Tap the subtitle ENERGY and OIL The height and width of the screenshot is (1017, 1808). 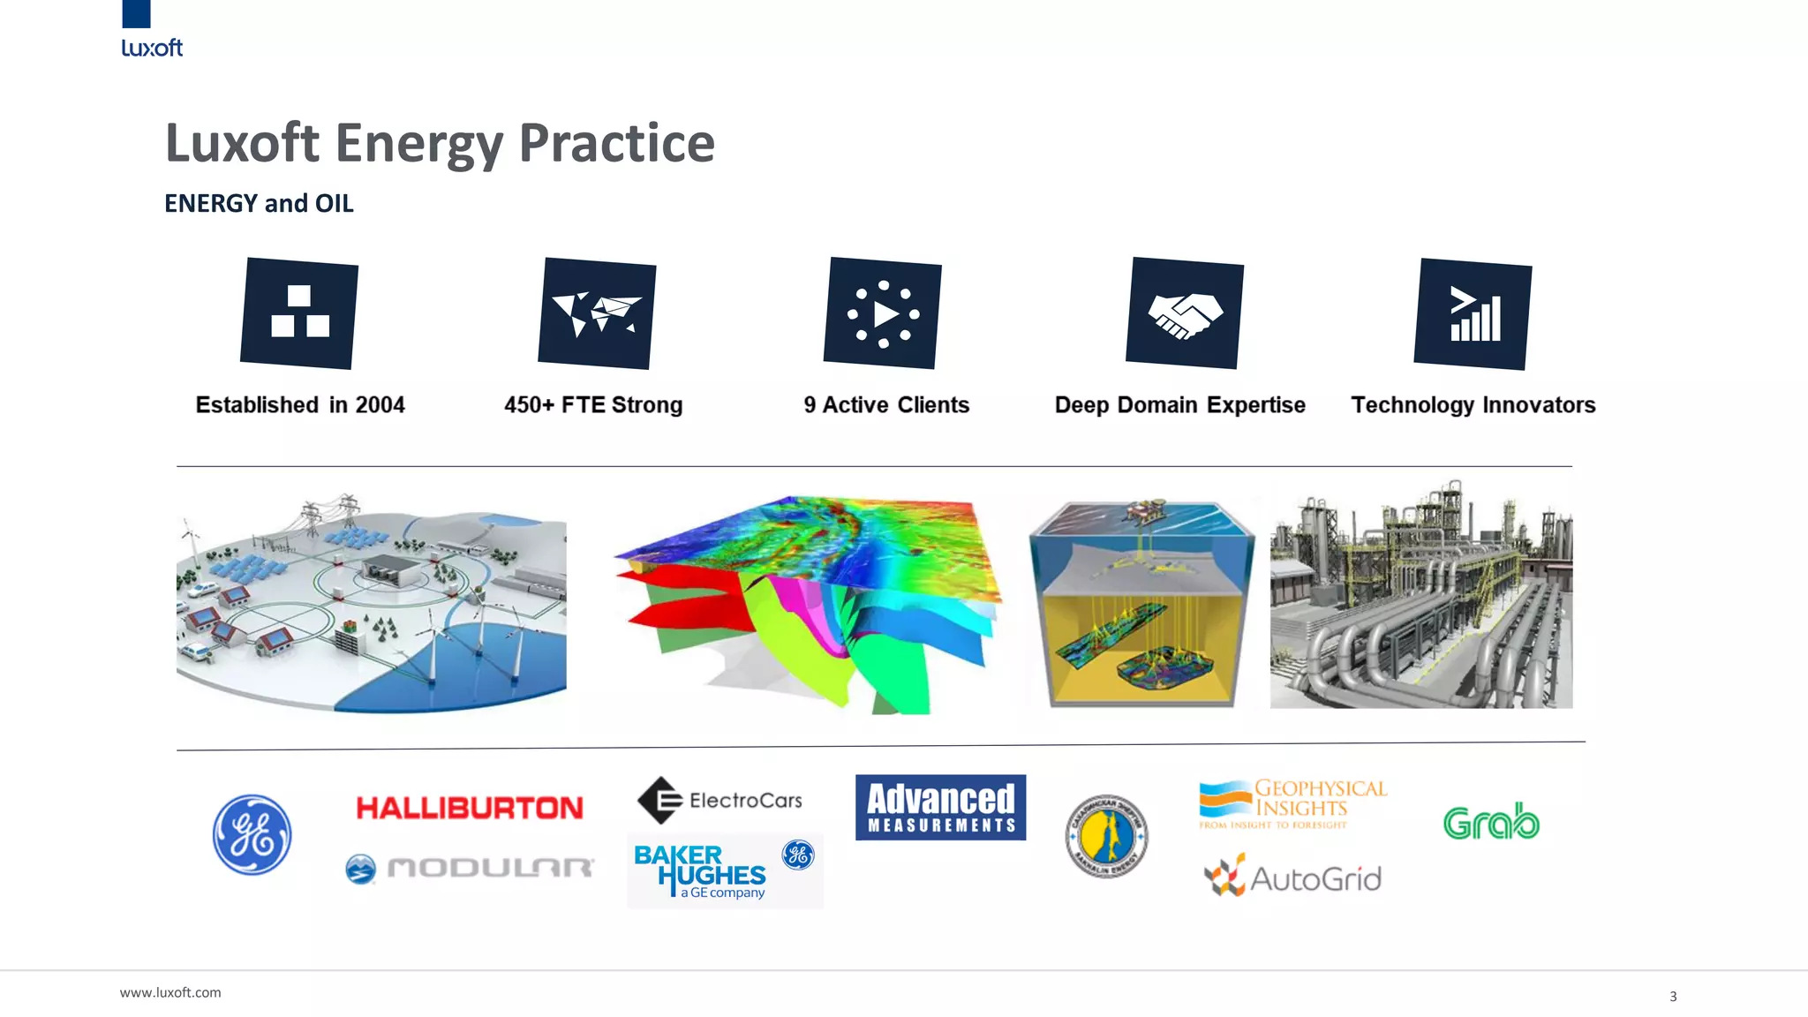coord(259,203)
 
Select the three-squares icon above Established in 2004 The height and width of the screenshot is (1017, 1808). coord(299,313)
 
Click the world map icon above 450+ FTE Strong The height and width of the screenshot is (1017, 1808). coord(597,313)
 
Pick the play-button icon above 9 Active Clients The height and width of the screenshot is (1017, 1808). coord(883,313)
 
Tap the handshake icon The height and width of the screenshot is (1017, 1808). coord(1185,313)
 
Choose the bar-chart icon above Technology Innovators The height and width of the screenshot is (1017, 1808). coord(1473,314)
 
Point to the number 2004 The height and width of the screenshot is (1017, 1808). coord(380,405)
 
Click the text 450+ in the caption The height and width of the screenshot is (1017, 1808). coord(529,405)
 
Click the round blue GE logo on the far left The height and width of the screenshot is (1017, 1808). coord(252,834)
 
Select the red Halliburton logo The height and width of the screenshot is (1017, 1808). coord(470,808)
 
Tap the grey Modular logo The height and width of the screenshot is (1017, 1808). coord(470,869)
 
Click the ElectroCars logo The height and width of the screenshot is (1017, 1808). coord(720,800)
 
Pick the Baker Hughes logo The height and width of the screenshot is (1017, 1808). coord(724,870)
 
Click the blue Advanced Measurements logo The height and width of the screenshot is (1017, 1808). coord(940,807)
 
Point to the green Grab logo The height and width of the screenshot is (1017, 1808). coord(1491,822)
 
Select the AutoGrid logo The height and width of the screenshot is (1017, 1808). coord(1293,877)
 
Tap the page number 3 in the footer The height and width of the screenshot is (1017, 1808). coord(1673,996)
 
